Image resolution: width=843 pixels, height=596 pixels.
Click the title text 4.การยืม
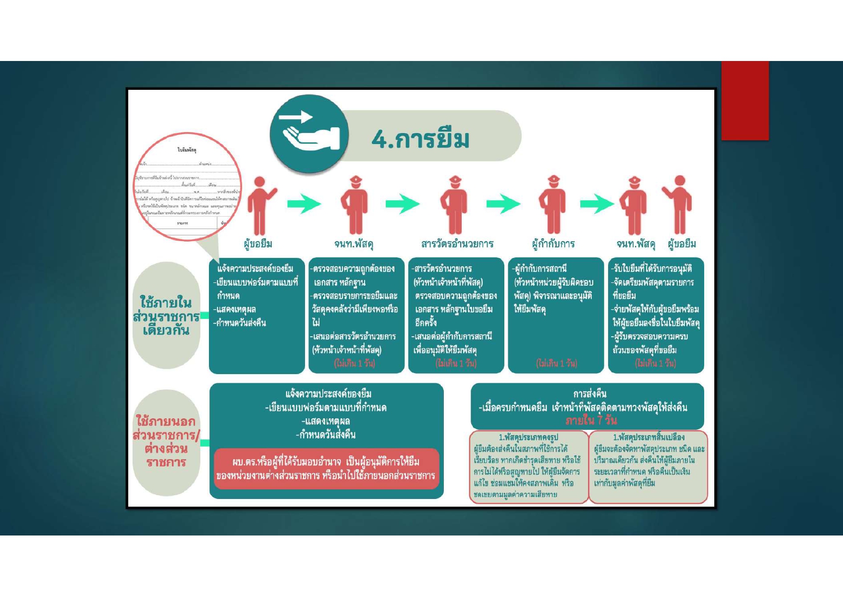[420, 139]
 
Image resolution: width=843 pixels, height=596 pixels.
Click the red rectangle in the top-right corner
[745, 100]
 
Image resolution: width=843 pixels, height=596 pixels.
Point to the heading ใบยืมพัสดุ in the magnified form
[187, 150]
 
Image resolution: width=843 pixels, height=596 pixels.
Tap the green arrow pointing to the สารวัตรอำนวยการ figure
[403, 204]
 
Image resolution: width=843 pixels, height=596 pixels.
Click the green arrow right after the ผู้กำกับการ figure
[597, 204]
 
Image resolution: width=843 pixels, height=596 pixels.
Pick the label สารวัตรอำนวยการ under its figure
[457, 244]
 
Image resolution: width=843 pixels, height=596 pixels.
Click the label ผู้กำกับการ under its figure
[553, 244]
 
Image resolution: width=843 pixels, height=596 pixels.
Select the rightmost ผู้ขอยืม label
[682, 244]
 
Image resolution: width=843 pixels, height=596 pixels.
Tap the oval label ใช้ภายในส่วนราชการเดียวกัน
[166, 316]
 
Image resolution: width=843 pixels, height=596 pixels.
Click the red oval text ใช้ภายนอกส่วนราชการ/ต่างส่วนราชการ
[166, 442]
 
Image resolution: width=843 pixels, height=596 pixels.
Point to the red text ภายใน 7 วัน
[591, 421]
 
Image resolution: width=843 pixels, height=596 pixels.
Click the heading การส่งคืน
[590, 394]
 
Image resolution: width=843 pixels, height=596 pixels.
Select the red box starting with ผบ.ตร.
[326, 469]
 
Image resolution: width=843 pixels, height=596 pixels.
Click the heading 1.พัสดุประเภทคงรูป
[528, 438]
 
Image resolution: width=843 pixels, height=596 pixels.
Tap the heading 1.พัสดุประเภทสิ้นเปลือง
[648, 438]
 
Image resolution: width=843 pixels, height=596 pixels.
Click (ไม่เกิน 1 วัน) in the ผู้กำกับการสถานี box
[556, 364]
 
